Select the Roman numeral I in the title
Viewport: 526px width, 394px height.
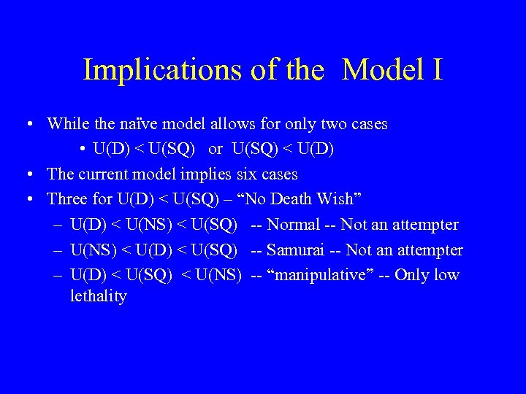click(437, 70)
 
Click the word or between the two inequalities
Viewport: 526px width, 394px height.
click(216, 149)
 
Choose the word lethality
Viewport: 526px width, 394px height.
click(99, 296)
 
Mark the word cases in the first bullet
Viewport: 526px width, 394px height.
click(367, 124)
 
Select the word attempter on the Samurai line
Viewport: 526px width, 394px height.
click(430, 250)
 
